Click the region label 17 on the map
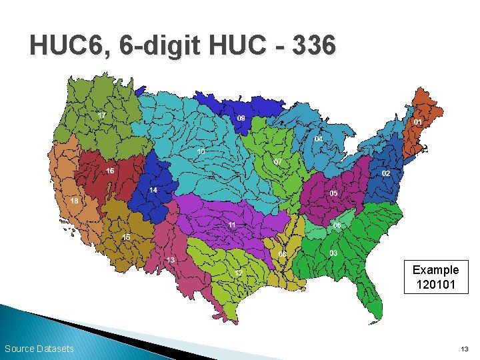pyautogui.click(x=101, y=115)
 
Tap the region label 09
pyautogui.click(x=241, y=118)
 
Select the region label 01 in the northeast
pyautogui.click(x=417, y=123)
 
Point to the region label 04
pyautogui.click(x=319, y=139)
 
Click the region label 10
pyautogui.click(x=201, y=151)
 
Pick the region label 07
pyautogui.click(x=278, y=162)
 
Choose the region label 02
pyautogui.click(x=386, y=173)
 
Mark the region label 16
pyautogui.click(x=110, y=171)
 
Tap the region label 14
pyautogui.click(x=153, y=190)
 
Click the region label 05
pyautogui.click(x=333, y=193)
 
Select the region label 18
pyautogui.click(x=75, y=200)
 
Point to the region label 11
pyautogui.click(x=232, y=225)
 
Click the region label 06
pyautogui.click(x=337, y=225)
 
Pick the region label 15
pyautogui.click(x=126, y=237)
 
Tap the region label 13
pyautogui.click(x=171, y=259)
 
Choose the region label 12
pyautogui.click(x=239, y=273)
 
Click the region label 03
pyautogui.click(x=333, y=253)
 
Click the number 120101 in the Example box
pyautogui.click(x=435, y=285)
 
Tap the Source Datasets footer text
pyautogui.click(x=39, y=349)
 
